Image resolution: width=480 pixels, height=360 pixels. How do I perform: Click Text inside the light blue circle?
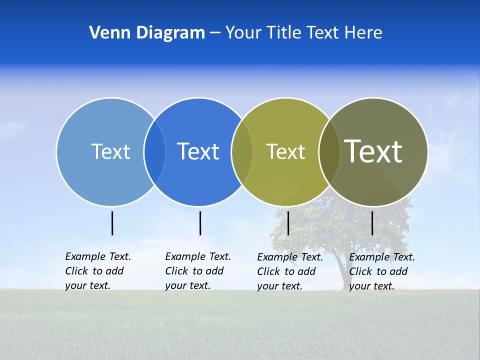[x=110, y=151]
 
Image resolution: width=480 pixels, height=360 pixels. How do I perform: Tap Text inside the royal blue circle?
[x=198, y=151]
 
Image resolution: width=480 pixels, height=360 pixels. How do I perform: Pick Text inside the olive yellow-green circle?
[x=285, y=151]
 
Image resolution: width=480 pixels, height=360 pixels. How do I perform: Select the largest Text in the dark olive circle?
[x=373, y=151]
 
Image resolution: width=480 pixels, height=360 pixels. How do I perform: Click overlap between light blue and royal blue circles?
[x=154, y=151]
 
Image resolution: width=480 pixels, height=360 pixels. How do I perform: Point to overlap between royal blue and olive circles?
[x=242, y=151]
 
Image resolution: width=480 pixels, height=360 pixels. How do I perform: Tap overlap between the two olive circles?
[x=329, y=151]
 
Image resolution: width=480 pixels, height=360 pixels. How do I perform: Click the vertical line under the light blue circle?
[x=112, y=223]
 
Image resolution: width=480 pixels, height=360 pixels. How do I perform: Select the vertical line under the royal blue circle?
[x=200, y=223]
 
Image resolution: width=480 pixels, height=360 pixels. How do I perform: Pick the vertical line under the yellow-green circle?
[x=288, y=223]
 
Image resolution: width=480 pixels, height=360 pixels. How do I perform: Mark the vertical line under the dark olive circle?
[x=372, y=223]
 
